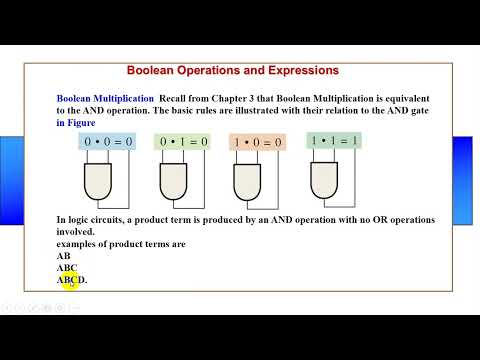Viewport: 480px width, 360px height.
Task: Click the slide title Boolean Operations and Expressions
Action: [233, 71]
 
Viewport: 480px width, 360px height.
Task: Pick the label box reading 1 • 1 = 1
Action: [334, 142]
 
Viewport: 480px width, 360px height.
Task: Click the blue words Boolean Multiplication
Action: [104, 99]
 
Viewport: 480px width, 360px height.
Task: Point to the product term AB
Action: [64, 256]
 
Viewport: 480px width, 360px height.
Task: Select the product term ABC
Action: [67, 268]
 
